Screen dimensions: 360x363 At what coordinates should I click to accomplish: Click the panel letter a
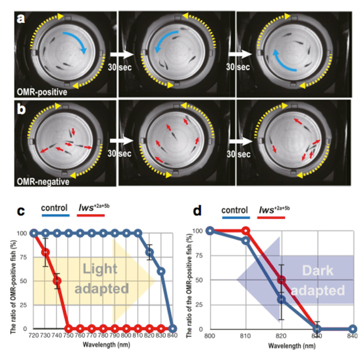(21, 18)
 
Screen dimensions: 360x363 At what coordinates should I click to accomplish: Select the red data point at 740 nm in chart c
(57, 281)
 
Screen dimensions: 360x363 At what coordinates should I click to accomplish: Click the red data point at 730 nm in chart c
(45, 253)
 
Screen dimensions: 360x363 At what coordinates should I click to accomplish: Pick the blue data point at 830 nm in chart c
(161, 271)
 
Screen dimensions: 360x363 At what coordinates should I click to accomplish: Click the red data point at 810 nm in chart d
(246, 231)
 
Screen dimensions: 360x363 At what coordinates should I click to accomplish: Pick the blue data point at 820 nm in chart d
(281, 299)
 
